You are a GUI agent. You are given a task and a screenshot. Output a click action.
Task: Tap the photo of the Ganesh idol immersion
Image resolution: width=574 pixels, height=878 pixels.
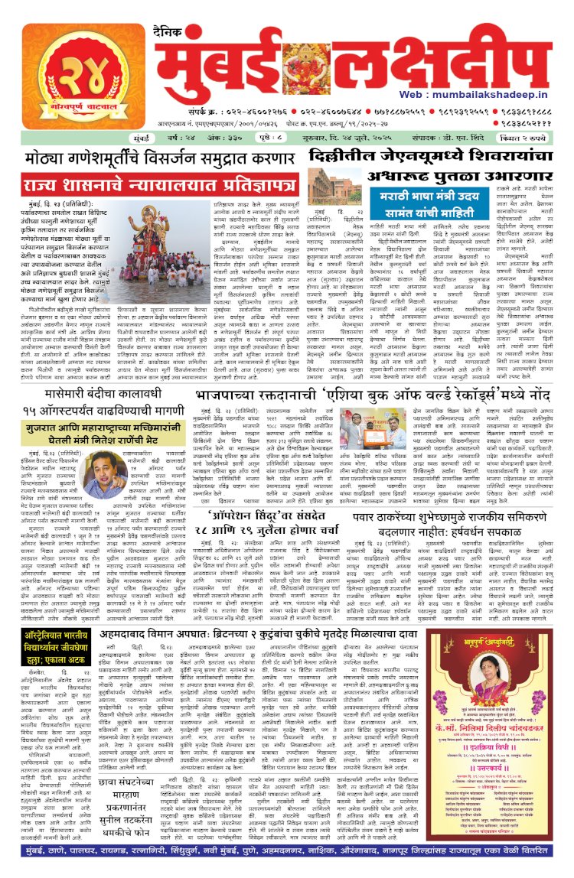pos(152,235)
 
